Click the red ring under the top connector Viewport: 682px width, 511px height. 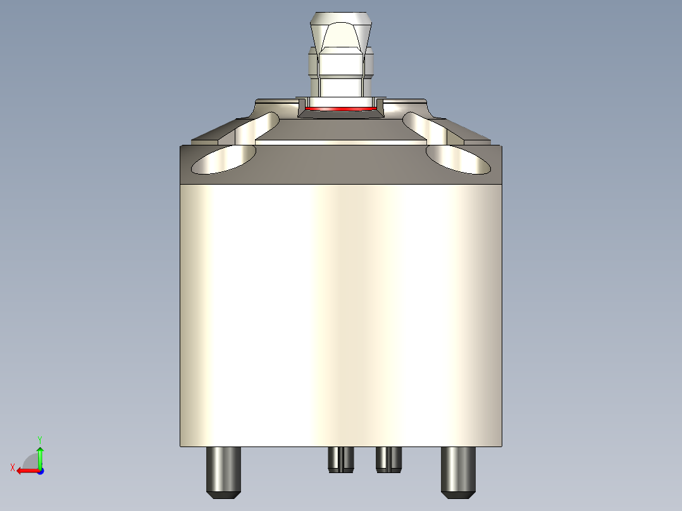[341, 109]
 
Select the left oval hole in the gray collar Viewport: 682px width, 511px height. [223, 159]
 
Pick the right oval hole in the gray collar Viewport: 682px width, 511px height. [458, 159]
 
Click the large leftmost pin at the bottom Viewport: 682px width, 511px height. [224, 471]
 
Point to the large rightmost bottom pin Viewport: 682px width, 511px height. [458, 471]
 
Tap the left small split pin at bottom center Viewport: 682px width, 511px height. [341, 459]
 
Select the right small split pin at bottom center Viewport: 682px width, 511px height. [388, 459]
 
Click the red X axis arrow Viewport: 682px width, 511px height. [25, 471]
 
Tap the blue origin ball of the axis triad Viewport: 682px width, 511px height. [40, 471]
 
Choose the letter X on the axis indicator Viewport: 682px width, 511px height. [12, 467]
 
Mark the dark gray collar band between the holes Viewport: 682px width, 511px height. [341, 163]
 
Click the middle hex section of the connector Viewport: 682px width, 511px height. [342, 63]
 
